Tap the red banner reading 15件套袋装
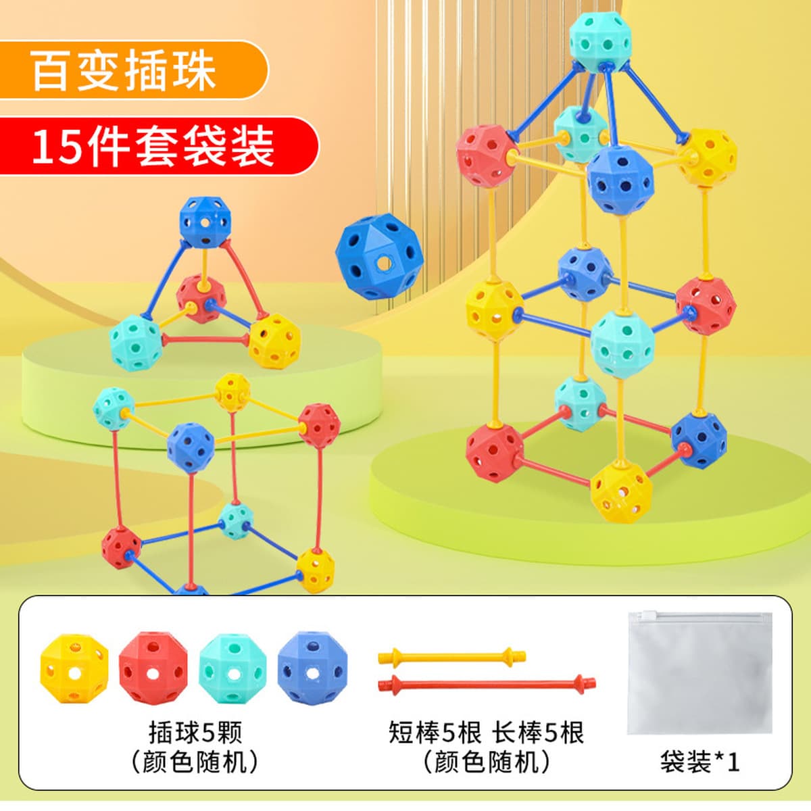coord(155,146)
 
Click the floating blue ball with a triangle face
coord(379,257)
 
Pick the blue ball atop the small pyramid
coord(205,222)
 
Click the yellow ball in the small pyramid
coord(274,340)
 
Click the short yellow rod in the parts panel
coord(451,655)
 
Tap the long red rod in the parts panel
coord(487,683)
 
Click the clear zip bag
coord(699,672)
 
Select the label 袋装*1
coord(699,762)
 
